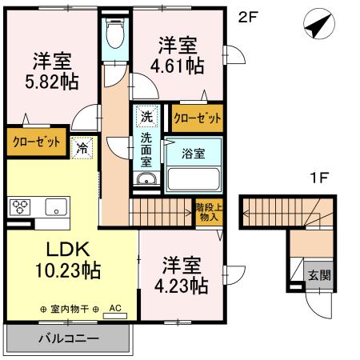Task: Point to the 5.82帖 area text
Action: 52,81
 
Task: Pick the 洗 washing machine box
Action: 146,116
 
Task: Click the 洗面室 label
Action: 146,150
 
